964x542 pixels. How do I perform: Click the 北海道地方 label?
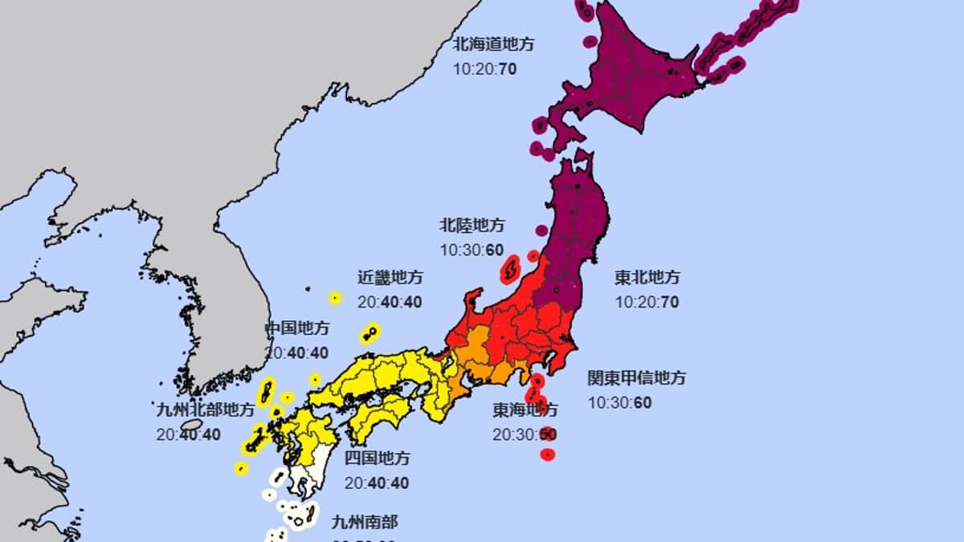(492, 44)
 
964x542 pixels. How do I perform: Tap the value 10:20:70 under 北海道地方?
(484, 69)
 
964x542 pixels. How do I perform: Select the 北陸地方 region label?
(472, 225)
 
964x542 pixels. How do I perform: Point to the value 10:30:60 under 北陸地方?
(472, 250)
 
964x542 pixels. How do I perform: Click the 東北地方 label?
(647, 278)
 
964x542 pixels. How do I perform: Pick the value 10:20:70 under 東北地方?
(647, 303)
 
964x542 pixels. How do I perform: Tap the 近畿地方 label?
(390, 278)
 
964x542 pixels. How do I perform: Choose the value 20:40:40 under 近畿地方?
(390, 303)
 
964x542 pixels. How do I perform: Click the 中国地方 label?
(297, 328)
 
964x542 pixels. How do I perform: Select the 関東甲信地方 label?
(636, 377)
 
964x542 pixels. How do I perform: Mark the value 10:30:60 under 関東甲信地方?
(620, 402)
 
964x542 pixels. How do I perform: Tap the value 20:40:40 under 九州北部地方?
(189, 434)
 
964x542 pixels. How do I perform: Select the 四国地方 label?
(377, 458)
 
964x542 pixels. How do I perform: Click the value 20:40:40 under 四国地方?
(377, 483)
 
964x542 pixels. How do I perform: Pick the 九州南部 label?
(365, 522)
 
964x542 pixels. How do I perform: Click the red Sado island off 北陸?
(509, 271)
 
